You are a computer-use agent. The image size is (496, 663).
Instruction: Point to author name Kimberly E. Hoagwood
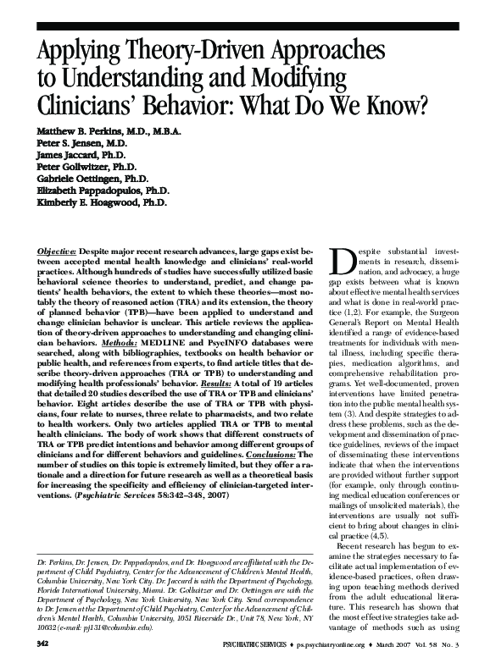pyautogui.click(x=82, y=203)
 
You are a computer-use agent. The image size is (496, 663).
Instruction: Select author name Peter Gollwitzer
pyautogui.click(x=75, y=168)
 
